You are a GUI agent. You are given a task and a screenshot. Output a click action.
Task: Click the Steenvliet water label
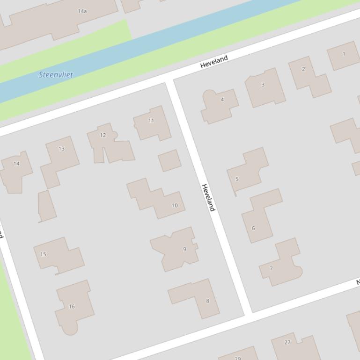(56, 74)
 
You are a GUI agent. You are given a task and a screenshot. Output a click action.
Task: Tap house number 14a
(82, 11)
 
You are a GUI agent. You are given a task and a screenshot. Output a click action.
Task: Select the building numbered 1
(344, 54)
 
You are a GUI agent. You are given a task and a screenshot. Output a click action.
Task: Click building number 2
(303, 69)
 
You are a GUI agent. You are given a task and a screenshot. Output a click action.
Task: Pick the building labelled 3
(263, 85)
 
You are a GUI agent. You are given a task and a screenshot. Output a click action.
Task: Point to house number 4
(222, 100)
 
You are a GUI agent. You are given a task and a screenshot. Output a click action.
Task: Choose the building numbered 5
(237, 179)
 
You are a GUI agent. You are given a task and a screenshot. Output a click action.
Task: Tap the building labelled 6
(253, 228)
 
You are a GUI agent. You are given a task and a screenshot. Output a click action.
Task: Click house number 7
(271, 268)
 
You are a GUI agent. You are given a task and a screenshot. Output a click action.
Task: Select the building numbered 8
(207, 301)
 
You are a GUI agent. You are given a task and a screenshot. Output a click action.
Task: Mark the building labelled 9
(184, 249)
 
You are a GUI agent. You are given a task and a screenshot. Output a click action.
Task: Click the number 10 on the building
(175, 205)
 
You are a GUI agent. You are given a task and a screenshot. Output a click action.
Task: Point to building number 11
(151, 121)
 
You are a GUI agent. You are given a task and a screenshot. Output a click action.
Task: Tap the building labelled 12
(103, 135)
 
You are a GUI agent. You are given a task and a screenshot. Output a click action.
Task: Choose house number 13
(62, 149)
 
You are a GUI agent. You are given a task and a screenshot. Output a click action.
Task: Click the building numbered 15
(43, 254)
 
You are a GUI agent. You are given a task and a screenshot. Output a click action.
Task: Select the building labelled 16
(72, 307)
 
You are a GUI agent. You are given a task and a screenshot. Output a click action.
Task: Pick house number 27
(287, 342)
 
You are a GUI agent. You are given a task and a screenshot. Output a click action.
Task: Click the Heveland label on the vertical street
(208, 197)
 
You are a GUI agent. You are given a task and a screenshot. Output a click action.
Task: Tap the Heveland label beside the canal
(214, 61)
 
